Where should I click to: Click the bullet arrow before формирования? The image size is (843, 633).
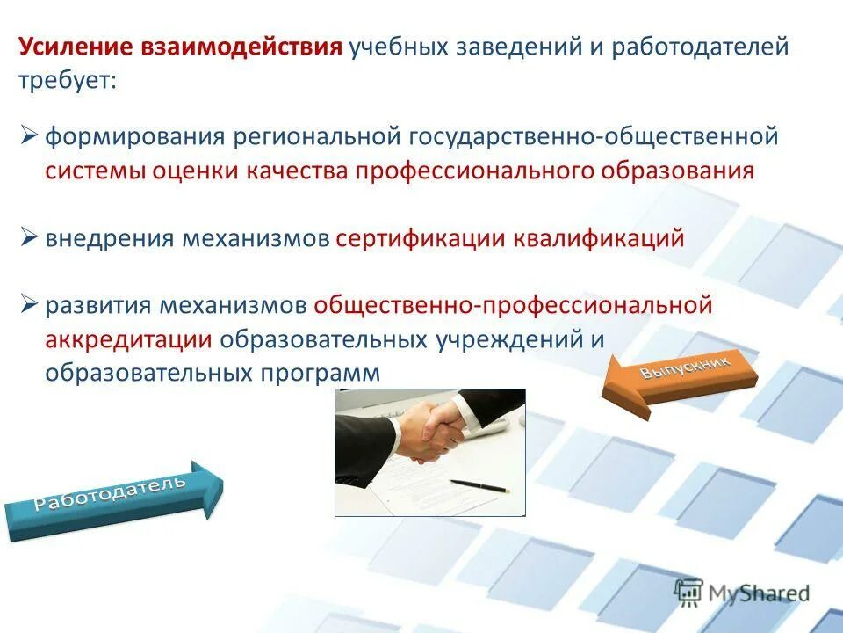tap(30, 135)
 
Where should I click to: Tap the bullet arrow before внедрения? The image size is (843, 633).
tap(30, 237)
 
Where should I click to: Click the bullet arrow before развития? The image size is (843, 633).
tap(30, 304)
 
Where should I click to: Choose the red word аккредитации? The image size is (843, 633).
tap(128, 339)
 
